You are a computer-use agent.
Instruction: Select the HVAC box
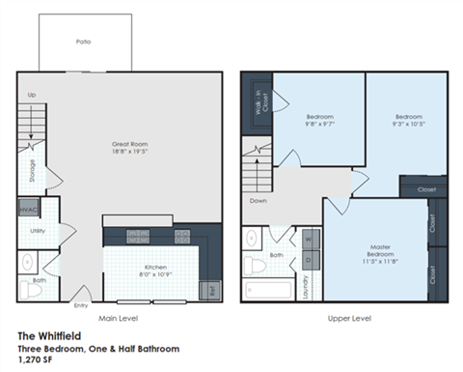(27, 208)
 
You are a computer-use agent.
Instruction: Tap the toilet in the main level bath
(27, 261)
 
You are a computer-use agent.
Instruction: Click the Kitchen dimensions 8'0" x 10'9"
(156, 274)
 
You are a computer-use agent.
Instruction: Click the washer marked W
(308, 238)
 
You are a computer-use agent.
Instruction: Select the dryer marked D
(308, 259)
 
